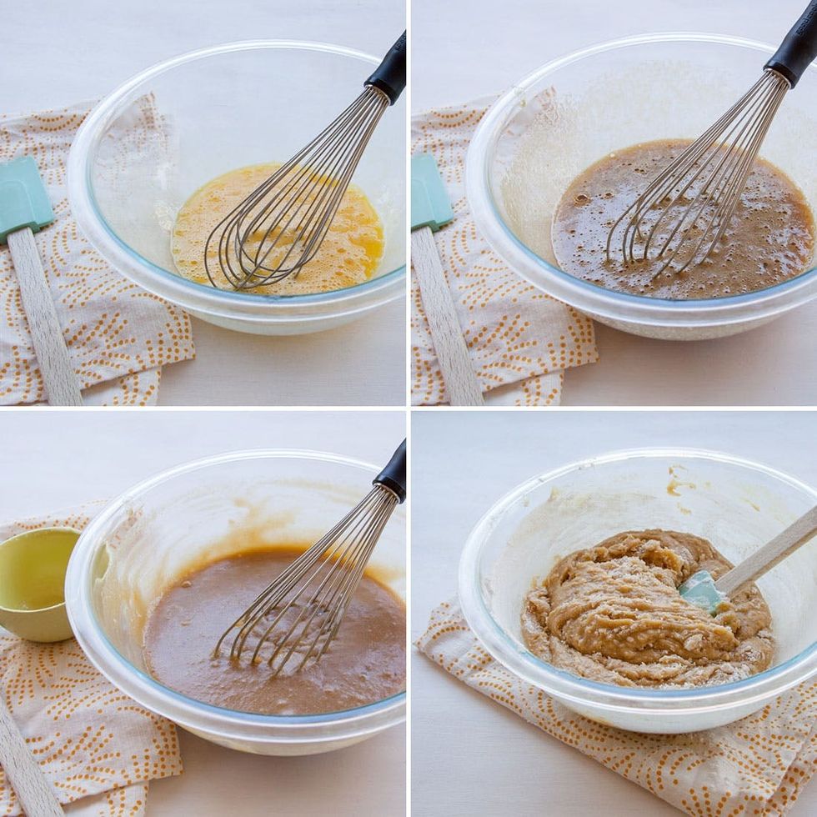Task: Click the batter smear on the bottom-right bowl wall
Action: (679, 484)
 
